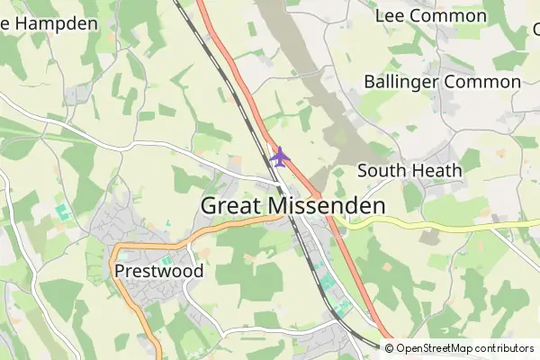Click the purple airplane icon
280,157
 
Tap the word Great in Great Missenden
229,205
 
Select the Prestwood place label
159,270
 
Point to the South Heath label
409,170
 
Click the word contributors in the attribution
505,348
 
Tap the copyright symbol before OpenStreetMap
390,348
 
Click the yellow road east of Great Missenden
450,226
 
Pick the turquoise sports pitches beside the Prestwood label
142,261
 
